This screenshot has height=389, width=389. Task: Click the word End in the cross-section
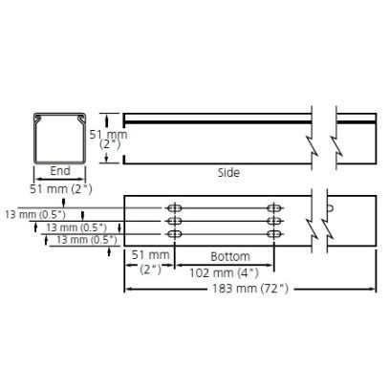tap(59, 172)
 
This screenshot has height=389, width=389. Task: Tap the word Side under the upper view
tap(227, 173)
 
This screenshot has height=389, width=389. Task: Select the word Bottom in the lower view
tap(230, 256)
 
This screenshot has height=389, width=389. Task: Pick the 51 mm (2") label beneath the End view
tap(59, 188)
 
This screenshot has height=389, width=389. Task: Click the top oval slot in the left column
tap(175, 208)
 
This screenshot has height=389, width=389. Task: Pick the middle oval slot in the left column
tap(175, 221)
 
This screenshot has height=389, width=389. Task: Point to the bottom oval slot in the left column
tap(175, 233)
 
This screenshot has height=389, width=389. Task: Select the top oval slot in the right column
tap(275, 208)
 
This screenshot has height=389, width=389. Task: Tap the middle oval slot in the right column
tap(275, 221)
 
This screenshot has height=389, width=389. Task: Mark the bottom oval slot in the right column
tap(275, 233)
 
